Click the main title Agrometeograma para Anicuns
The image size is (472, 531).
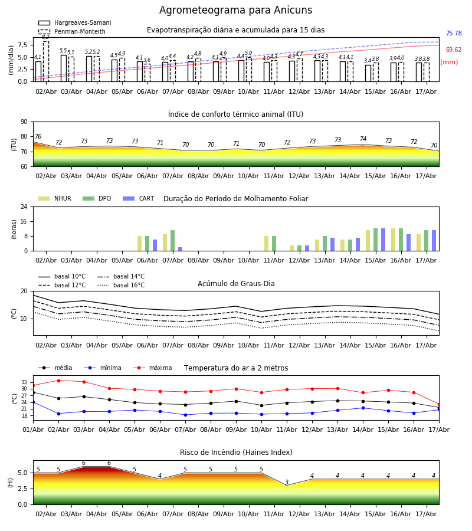pos(235,10)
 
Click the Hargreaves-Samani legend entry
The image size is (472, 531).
pos(74,22)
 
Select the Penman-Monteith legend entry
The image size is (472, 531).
pos(72,31)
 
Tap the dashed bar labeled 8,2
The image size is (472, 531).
pos(45,61)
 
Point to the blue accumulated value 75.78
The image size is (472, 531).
pos(454,33)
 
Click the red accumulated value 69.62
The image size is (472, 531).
pos(454,50)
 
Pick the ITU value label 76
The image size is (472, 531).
pos(38,136)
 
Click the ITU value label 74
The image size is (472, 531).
pos(363,139)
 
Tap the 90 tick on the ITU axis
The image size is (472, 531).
pos(24,122)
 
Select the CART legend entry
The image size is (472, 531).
pos(139,198)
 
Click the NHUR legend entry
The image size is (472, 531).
pos(55,198)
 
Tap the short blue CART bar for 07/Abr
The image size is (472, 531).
pos(180,249)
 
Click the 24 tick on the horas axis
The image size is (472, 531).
pos(24,206)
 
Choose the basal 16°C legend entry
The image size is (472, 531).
pos(121,285)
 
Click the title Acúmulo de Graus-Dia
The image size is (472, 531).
pos(236,284)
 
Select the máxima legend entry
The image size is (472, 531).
pos(152,368)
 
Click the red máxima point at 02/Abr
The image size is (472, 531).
pos(58,381)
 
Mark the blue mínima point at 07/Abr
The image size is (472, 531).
pos(185,415)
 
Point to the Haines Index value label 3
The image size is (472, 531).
pos(287,482)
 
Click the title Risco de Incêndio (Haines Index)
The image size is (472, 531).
pos(236,453)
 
